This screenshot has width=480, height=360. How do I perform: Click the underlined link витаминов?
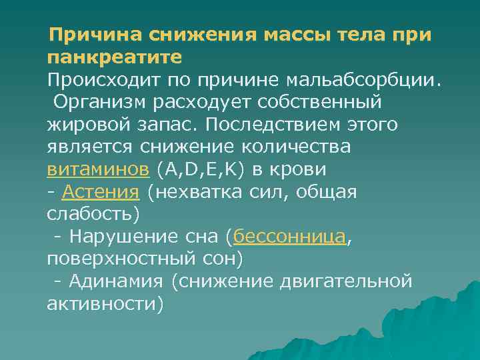click(x=98, y=169)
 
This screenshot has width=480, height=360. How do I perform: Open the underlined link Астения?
click(x=100, y=193)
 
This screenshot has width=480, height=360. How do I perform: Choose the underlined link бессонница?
click(x=290, y=237)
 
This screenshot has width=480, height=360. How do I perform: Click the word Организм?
click(x=105, y=102)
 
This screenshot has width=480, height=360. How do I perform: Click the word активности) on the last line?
click(x=105, y=304)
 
